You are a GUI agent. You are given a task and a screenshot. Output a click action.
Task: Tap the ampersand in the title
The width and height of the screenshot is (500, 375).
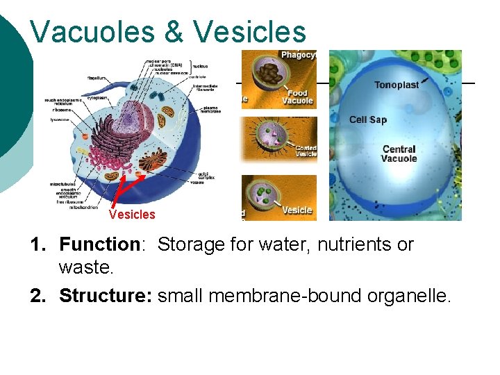point(179,32)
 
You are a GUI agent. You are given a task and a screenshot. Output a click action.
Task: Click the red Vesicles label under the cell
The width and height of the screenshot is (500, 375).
point(132,215)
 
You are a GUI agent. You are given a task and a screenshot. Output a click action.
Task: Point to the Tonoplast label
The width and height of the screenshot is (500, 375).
point(397,85)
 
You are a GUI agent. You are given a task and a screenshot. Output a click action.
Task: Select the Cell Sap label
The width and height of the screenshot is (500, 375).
point(367,120)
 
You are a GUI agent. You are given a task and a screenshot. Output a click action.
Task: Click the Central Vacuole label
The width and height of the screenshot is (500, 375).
point(399,153)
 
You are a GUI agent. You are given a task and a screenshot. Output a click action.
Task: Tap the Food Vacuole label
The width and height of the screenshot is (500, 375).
point(297,97)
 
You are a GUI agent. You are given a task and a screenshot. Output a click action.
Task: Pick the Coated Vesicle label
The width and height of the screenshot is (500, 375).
point(306,151)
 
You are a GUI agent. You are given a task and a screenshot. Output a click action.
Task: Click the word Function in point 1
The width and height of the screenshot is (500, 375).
point(99,244)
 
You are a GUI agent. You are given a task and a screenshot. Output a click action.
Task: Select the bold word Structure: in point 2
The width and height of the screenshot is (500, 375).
point(106,296)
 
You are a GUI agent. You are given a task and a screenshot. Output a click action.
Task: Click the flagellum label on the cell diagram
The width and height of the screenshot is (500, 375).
point(97,78)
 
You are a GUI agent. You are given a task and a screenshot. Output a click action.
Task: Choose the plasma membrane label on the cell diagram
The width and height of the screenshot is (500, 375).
point(212,110)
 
